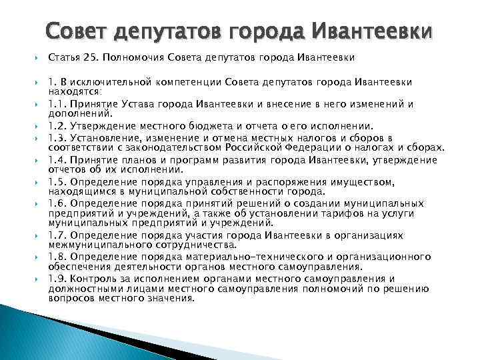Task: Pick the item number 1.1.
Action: coord(57,104)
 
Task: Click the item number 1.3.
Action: coord(57,138)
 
